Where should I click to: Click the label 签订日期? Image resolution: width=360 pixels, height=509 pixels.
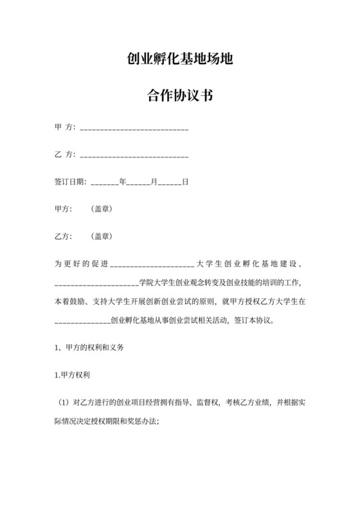tap(69, 182)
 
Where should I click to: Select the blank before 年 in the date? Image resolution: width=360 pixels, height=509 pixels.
tap(105, 183)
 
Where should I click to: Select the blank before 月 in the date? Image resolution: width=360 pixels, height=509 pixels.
tap(138, 183)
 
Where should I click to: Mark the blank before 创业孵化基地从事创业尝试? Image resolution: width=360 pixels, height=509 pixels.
tap(83, 319)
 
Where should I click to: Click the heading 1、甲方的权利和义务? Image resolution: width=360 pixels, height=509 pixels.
tap(89, 347)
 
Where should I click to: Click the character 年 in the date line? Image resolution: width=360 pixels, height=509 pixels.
tap(122, 182)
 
